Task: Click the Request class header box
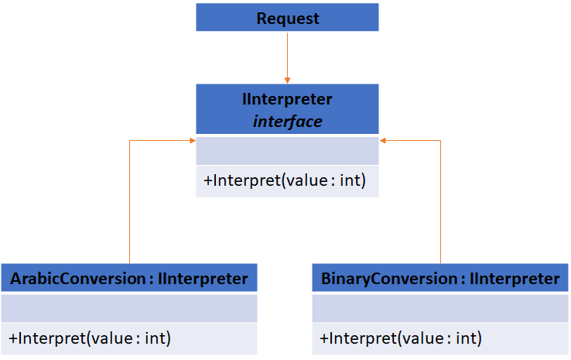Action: coord(287,18)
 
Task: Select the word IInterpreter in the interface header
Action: coord(287,100)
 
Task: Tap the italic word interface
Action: coord(287,122)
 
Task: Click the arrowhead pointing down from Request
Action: coord(287,79)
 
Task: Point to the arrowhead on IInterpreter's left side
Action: coord(191,141)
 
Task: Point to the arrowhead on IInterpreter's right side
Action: coord(383,141)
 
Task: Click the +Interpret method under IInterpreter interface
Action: coord(284,181)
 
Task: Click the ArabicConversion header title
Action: coord(129,279)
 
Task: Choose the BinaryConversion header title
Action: coord(439,279)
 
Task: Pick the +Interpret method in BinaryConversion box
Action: coord(400,338)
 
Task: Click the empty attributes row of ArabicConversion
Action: coord(129,308)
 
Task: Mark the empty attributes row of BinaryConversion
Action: coord(439,308)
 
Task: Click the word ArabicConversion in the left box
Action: coord(78,279)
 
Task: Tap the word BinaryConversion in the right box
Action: coord(388,279)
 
